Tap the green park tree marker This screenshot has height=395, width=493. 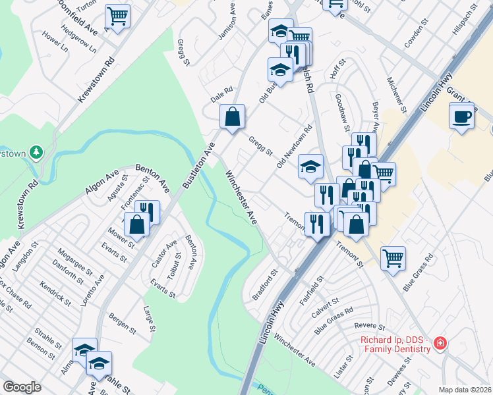point(36,153)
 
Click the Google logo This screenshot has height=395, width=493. point(22,387)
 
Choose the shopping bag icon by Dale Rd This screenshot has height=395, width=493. point(233,118)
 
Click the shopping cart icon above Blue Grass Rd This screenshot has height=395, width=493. point(393,258)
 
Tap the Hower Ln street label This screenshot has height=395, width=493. point(55,41)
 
